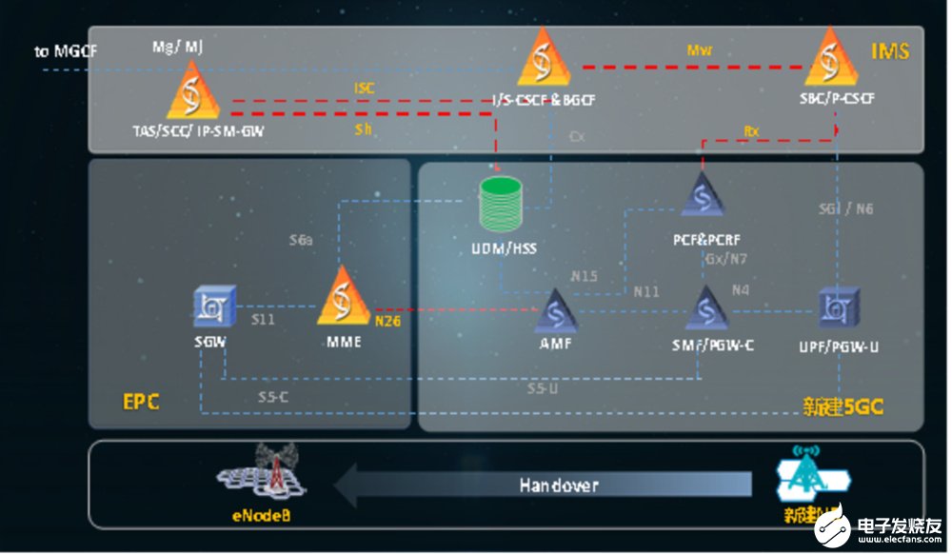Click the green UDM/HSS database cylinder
pyautogui.click(x=502, y=206)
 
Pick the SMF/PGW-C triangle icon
pyautogui.click(x=706, y=307)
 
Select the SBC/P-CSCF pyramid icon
pyautogui.click(x=831, y=59)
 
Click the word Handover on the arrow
pyautogui.click(x=559, y=485)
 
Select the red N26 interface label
pyautogui.click(x=388, y=321)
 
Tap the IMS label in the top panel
pyautogui.click(x=889, y=51)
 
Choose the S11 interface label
pyautogui.click(x=264, y=319)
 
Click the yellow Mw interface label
pyautogui.click(x=700, y=49)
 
